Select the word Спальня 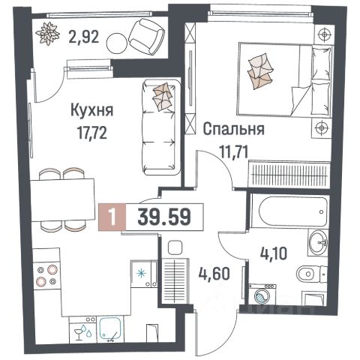pyautogui.click(x=232, y=129)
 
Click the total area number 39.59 pyautogui.click(x=163, y=218)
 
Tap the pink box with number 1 pyautogui.click(x=111, y=218)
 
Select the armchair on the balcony pyautogui.click(x=145, y=34)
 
